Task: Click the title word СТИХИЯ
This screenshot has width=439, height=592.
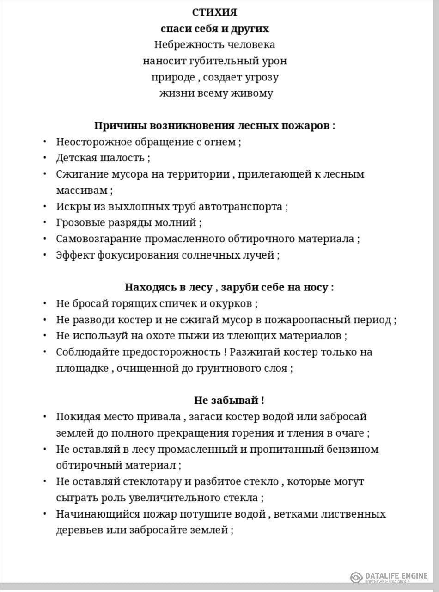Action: tap(214, 12)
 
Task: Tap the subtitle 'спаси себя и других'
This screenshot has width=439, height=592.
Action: tap(214, 29)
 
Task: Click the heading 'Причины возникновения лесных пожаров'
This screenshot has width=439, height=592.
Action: tap(214, 126)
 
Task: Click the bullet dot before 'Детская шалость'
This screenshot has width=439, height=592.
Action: tap(45, 158)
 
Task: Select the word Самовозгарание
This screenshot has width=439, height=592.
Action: tap(99, 239)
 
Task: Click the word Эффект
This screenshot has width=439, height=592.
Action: tap(75, 255)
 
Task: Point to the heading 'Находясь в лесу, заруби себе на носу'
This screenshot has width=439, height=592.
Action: tap(229, 287)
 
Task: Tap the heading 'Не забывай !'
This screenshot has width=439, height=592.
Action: tap(229, 401)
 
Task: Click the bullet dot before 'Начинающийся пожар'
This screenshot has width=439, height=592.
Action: tap(45, 514)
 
